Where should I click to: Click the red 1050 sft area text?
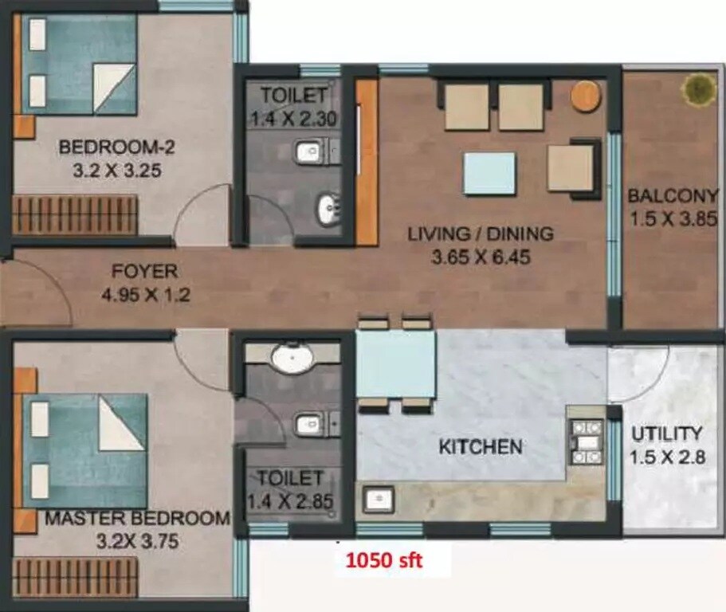(x=383, y=560)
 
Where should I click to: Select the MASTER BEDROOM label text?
(x=137, y=519)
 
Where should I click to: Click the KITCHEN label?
(x=481, y=446)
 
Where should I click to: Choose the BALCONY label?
(x=673, y=195)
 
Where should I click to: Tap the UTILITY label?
(x=667, y=434)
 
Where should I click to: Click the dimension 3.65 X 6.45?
(x=480, y=257)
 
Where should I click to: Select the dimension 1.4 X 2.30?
(x=293, y=120)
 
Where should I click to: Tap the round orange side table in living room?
(x=585, y=96)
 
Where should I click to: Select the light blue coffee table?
(x=489, y=173)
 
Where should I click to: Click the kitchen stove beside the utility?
(x=587, y=441)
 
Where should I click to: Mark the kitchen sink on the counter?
(x=378, y=500)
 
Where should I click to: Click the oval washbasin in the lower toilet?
(x=292, y=359)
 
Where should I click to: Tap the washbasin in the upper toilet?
(x=328, y=210)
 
